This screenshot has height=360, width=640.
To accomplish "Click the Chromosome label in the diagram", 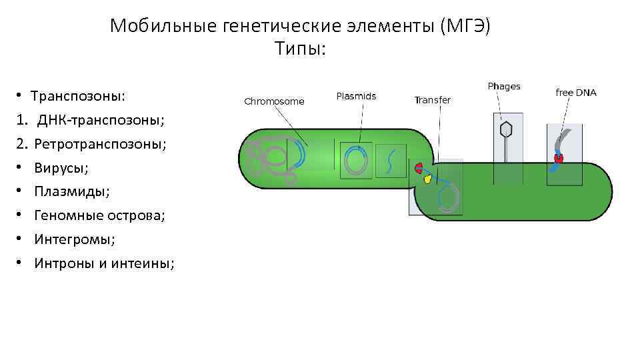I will [274, 101].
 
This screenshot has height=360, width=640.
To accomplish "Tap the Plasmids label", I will [356, 96].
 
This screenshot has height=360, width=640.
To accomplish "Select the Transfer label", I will [432, 100].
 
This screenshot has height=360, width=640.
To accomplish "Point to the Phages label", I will [504, 86].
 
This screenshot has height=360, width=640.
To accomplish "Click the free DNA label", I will [576, 93].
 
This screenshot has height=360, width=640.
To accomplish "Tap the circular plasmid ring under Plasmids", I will [356, 161].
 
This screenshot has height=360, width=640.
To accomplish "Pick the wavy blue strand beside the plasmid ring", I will [391, 161].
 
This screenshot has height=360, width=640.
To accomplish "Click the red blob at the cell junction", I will [419, 167].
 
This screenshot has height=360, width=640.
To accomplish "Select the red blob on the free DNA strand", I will [559, 159].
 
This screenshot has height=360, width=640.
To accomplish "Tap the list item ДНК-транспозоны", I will [101, 120].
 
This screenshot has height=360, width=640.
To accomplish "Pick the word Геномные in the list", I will [66, 215].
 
